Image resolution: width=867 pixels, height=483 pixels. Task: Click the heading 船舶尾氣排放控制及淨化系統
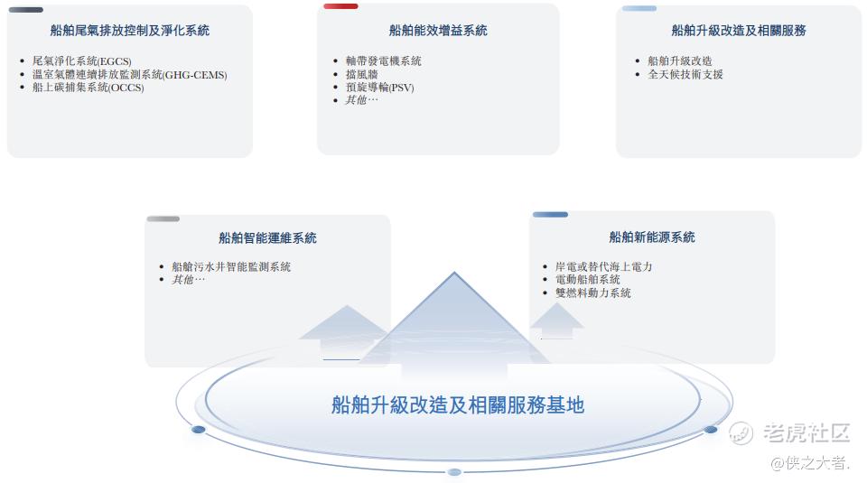tap(130, 31)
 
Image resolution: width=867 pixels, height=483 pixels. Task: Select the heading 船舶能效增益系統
tap(438, 31)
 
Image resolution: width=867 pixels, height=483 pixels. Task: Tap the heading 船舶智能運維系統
tap(267, 238)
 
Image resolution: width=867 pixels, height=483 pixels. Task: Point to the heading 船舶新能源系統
tap(652, 237)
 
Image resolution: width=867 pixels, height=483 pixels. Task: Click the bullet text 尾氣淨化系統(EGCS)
tap(82, 60)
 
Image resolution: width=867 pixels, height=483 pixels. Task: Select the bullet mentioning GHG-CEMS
tap(130, 74)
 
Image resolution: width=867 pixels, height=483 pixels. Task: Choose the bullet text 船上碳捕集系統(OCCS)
tap(88, 88)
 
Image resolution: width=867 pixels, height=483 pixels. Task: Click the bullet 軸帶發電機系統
tap(383, 60)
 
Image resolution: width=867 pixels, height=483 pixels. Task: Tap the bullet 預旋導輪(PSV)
tap(380, 88)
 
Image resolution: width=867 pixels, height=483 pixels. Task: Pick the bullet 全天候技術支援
tap(685, 74)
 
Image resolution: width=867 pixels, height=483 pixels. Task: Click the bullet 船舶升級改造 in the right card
tap(679, 60)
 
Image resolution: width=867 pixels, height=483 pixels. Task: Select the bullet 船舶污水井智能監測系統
tap(231, 267)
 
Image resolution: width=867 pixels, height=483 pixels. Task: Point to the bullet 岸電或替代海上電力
tap(604, 266)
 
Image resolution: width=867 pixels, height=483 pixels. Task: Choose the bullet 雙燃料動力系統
tap(592, 293)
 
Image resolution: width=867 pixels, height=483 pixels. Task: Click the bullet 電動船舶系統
tap(587, 280)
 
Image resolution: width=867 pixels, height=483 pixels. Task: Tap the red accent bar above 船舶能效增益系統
tap(340, 6)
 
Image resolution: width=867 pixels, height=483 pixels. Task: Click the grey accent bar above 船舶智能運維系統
tap(163, 218)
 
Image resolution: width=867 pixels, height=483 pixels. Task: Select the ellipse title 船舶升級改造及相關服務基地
tap(458, 405)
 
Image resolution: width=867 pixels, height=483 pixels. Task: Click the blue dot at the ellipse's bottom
tap(454, 472)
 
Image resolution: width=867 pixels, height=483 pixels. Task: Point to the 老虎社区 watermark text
tap(806, 432)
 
